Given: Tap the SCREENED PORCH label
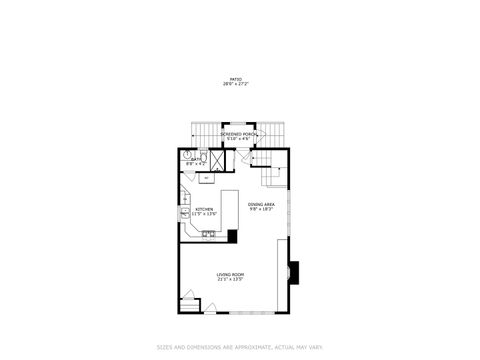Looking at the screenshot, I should (239, 133).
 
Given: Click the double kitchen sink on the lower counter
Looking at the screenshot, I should (209, 235).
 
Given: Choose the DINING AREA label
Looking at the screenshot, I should (261, 204).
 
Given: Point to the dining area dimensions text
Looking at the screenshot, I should (261, 209).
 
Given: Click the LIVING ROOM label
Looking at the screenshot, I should (231, 274).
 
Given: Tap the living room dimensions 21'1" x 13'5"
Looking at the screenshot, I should (231, 279).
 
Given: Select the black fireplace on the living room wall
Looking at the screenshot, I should (293, 269).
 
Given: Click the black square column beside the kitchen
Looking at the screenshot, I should (232, 236).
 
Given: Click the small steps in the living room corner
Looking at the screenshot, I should (189, 301).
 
